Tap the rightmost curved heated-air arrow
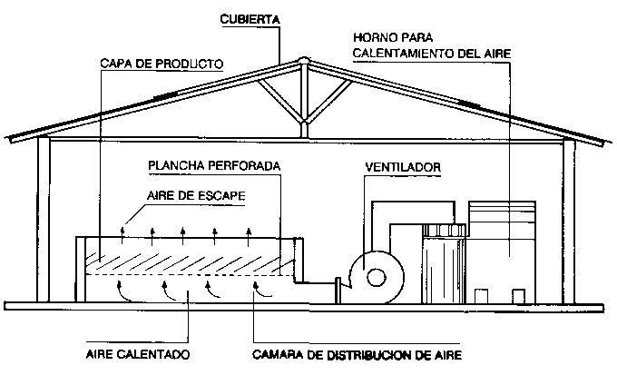(x=260, y=291)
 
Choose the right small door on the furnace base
(x=517, y=296)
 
